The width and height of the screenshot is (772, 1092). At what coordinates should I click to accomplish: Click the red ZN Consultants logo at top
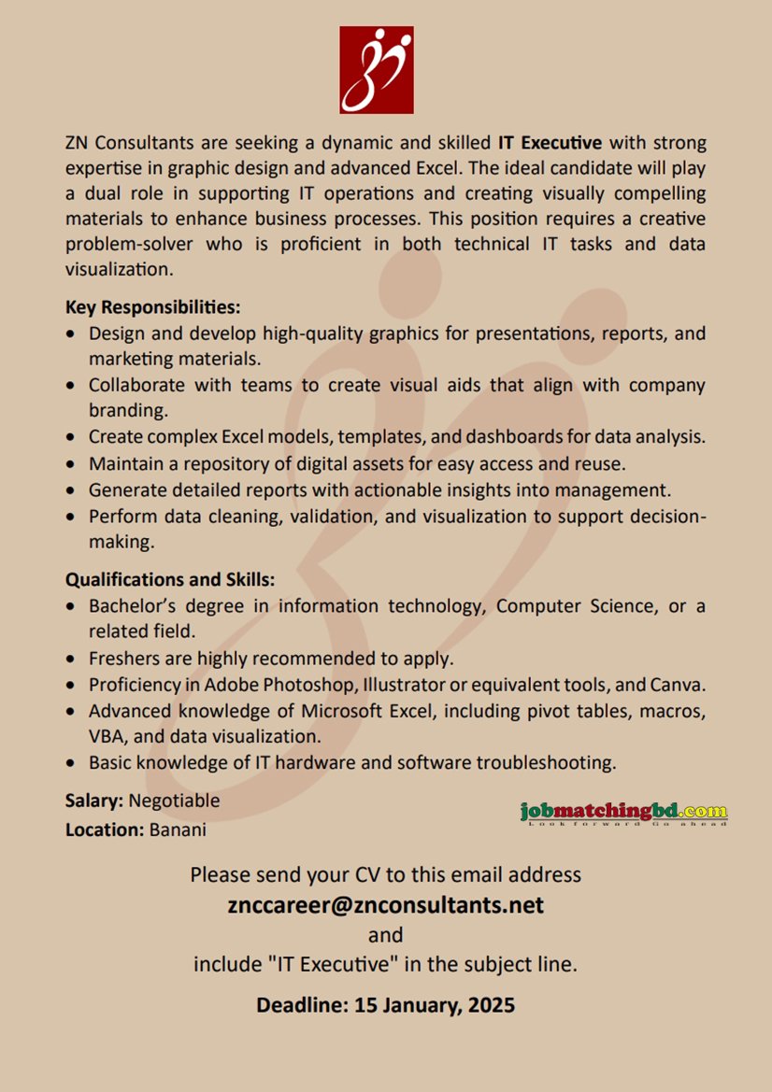coord(376,70)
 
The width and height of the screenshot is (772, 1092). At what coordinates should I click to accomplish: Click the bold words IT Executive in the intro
coord(550,143)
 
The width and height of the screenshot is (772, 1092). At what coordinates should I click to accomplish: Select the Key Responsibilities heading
coord(153,307)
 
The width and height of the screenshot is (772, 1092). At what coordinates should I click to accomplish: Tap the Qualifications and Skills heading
coord(170,580)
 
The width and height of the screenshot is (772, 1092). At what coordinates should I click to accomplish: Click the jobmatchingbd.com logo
coord(623,813)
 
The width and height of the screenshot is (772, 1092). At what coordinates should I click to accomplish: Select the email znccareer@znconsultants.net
coord(386,904)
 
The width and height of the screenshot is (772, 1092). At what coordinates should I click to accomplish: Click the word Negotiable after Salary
coord(175,801)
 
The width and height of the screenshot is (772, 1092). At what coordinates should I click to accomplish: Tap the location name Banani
coord(178,830)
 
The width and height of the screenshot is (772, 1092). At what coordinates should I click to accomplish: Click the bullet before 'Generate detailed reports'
coord(73,489)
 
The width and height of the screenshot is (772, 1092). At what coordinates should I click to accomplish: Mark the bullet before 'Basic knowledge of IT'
coord(73,763)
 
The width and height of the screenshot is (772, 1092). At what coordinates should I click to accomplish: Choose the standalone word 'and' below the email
coord(385,935)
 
